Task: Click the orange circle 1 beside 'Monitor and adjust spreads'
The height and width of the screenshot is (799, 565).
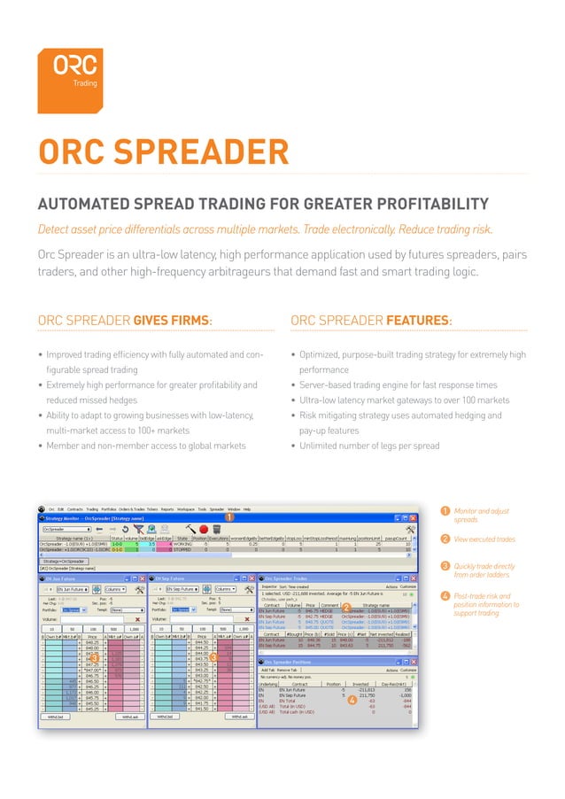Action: pyautogui.click(x=444, y=512)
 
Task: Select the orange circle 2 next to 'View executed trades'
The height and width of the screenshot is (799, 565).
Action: pyautogui.click(x=444, y=539)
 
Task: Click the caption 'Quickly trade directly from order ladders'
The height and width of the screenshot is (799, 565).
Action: pyautogui.click(x=484, y=572)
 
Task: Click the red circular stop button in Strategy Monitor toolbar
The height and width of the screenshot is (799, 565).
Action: pyautogui.click(x=202, y=528)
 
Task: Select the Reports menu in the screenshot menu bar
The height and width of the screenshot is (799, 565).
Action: pyautogui.click(x=166, y=509)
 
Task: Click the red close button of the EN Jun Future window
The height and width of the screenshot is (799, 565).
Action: pyautogui.click(x=141, y=577)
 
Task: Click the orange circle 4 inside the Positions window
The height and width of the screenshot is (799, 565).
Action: pyautogui.click(x=352, y=725)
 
